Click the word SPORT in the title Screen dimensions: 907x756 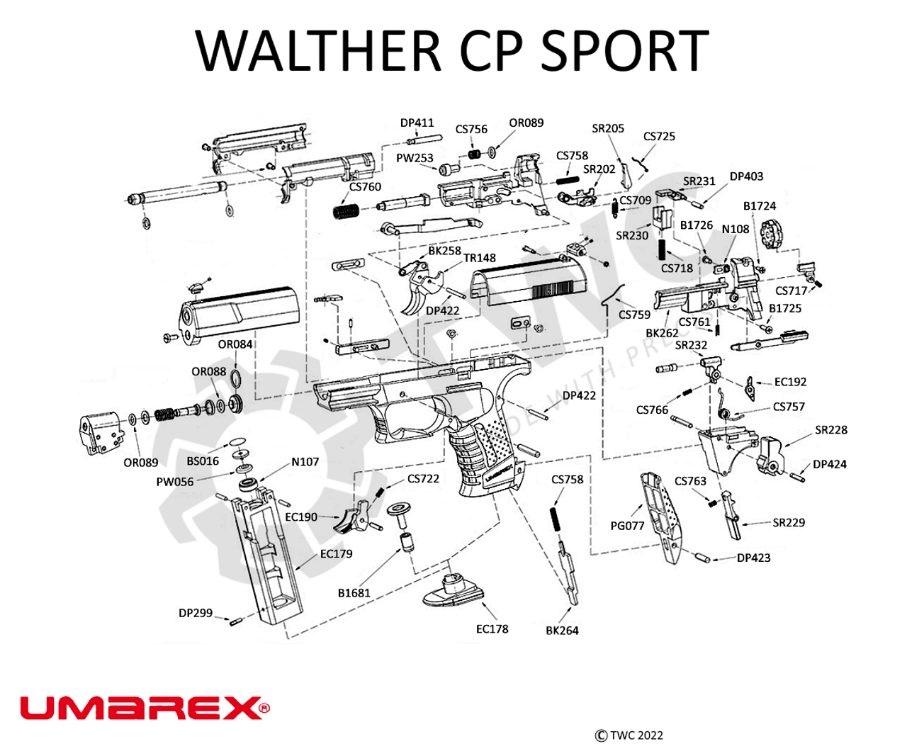(x=624, y=51)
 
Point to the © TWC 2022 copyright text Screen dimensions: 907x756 (x=629, y=735)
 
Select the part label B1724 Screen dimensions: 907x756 (x=759, y=206)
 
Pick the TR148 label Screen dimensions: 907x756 (x=480, y=258)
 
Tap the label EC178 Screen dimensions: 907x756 (x=492, y=628)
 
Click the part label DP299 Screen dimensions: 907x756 (x=196, y=613)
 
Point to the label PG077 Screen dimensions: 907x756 (x=627, y=526)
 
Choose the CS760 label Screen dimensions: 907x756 (x=365, y=187)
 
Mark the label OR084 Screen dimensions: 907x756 (x=235, y=344)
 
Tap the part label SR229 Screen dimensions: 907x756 (x=789, y=523)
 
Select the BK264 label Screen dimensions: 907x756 (x=562, y=630)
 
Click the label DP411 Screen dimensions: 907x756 (x=417, y=123)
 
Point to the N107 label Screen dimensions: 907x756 (x=305, y=462)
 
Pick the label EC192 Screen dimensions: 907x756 (x=790, y=382)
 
